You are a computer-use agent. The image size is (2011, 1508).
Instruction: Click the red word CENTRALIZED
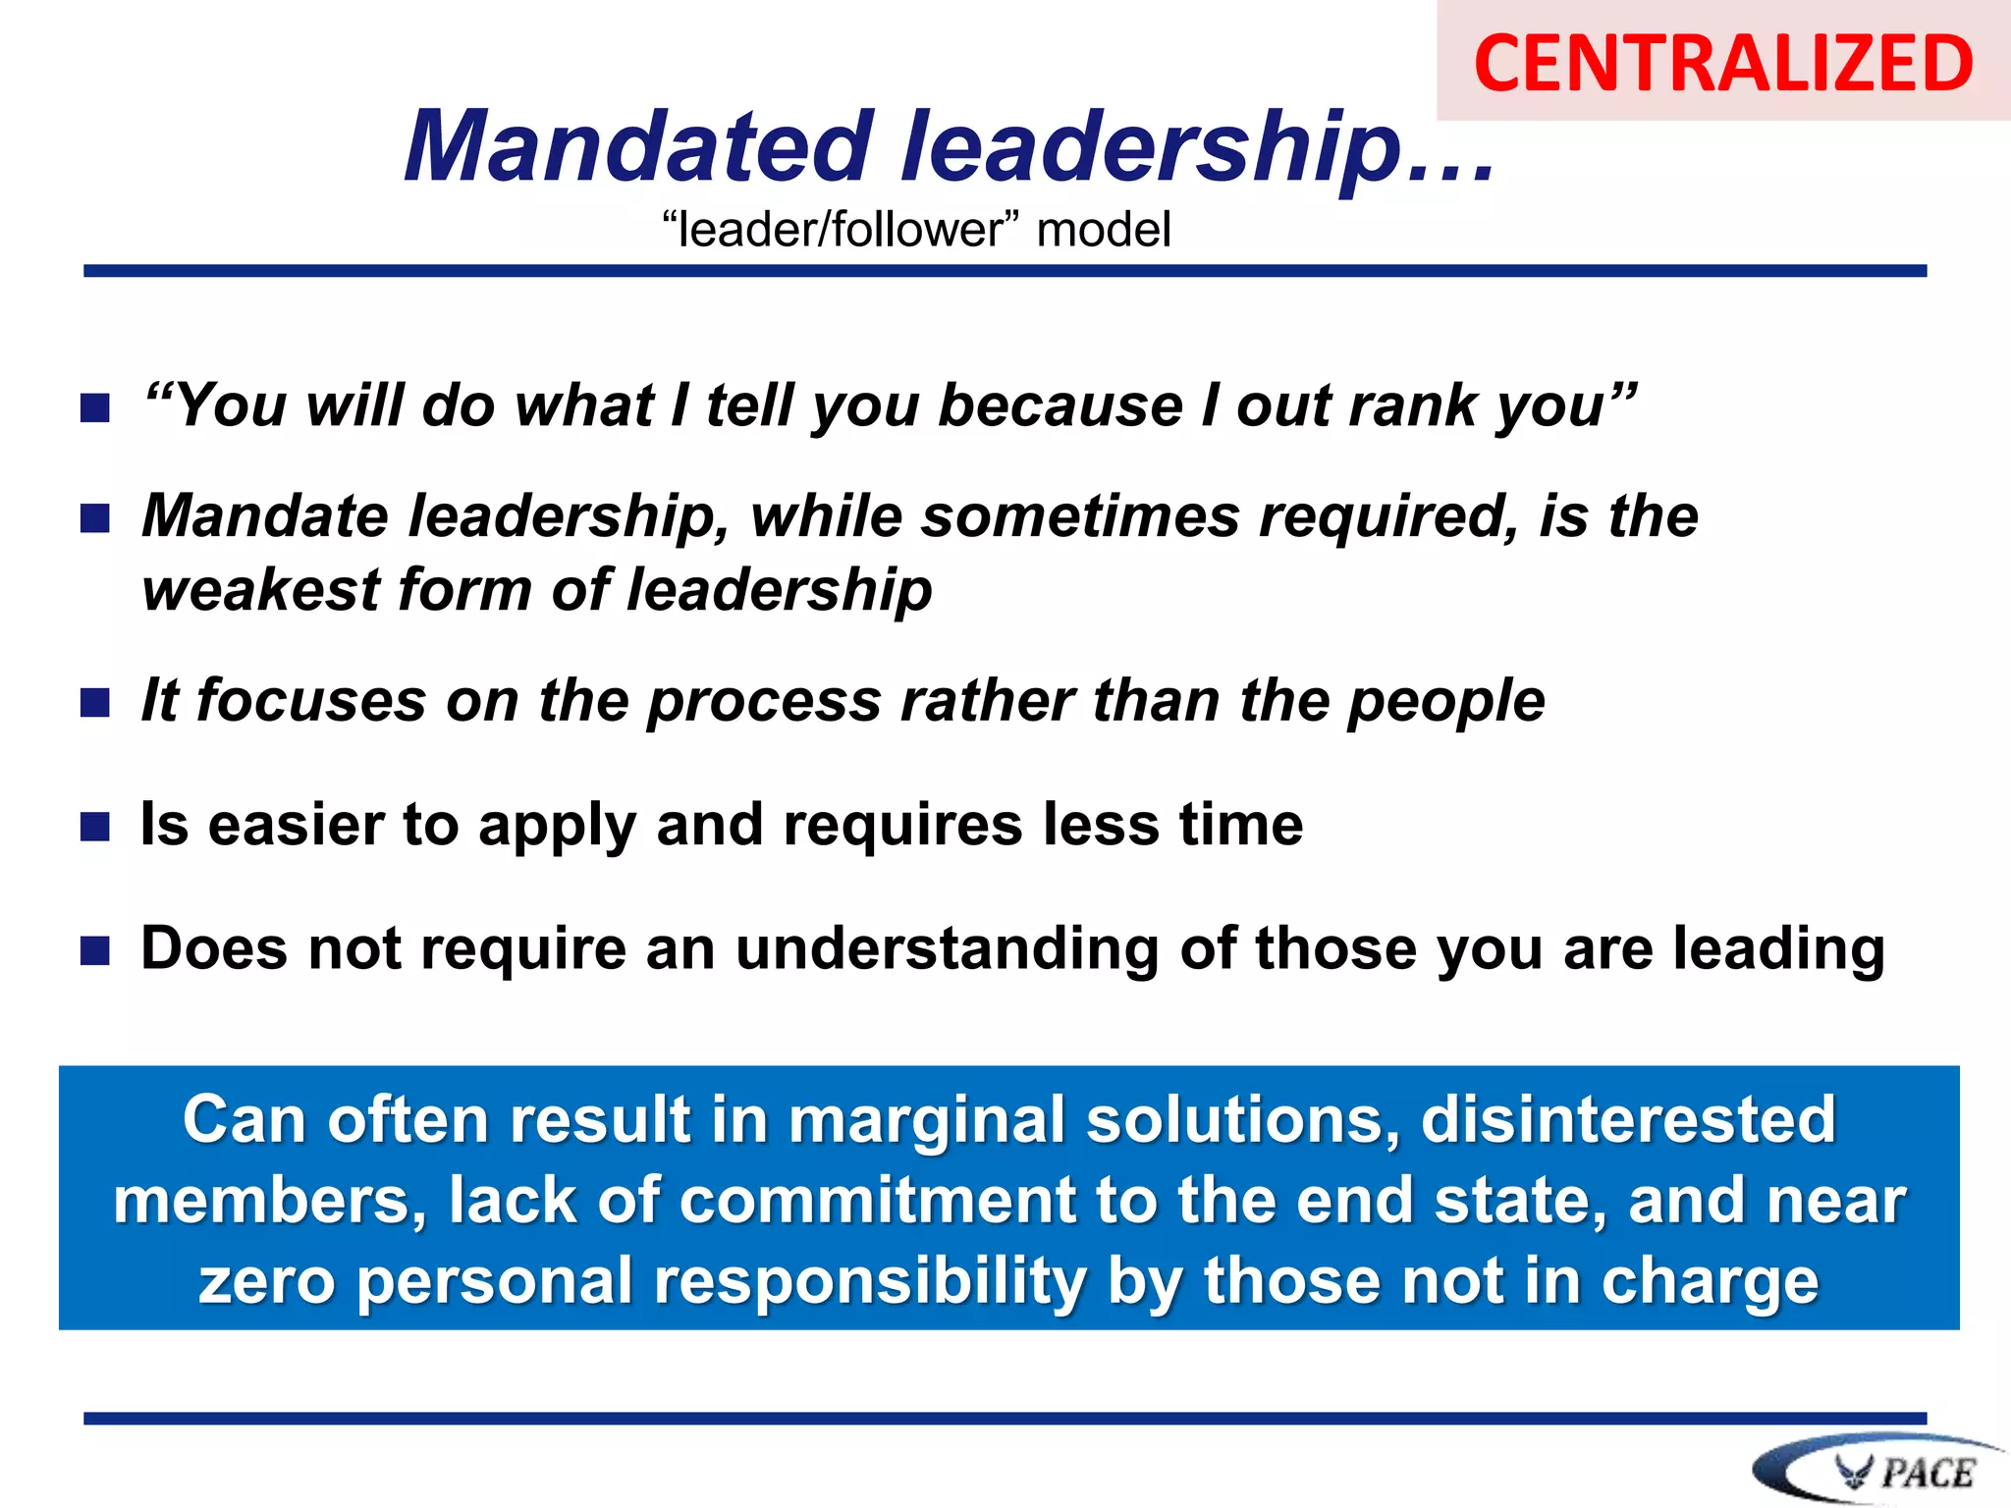coord(1723,63)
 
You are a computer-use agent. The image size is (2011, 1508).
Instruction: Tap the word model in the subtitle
coord(1104,230)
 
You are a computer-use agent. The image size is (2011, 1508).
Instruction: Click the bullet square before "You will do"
coord(95,407)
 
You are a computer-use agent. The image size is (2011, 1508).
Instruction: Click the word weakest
coord(261,590)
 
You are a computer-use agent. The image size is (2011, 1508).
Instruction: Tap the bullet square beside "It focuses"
coord(95,703)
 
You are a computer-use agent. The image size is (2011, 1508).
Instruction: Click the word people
coord(1446,702)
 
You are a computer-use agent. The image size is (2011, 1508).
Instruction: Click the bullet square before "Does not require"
coord(95,950)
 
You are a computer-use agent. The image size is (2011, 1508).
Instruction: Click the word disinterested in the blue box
coord(1628,1120)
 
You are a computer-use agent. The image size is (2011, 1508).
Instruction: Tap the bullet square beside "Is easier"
coord(95,827)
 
